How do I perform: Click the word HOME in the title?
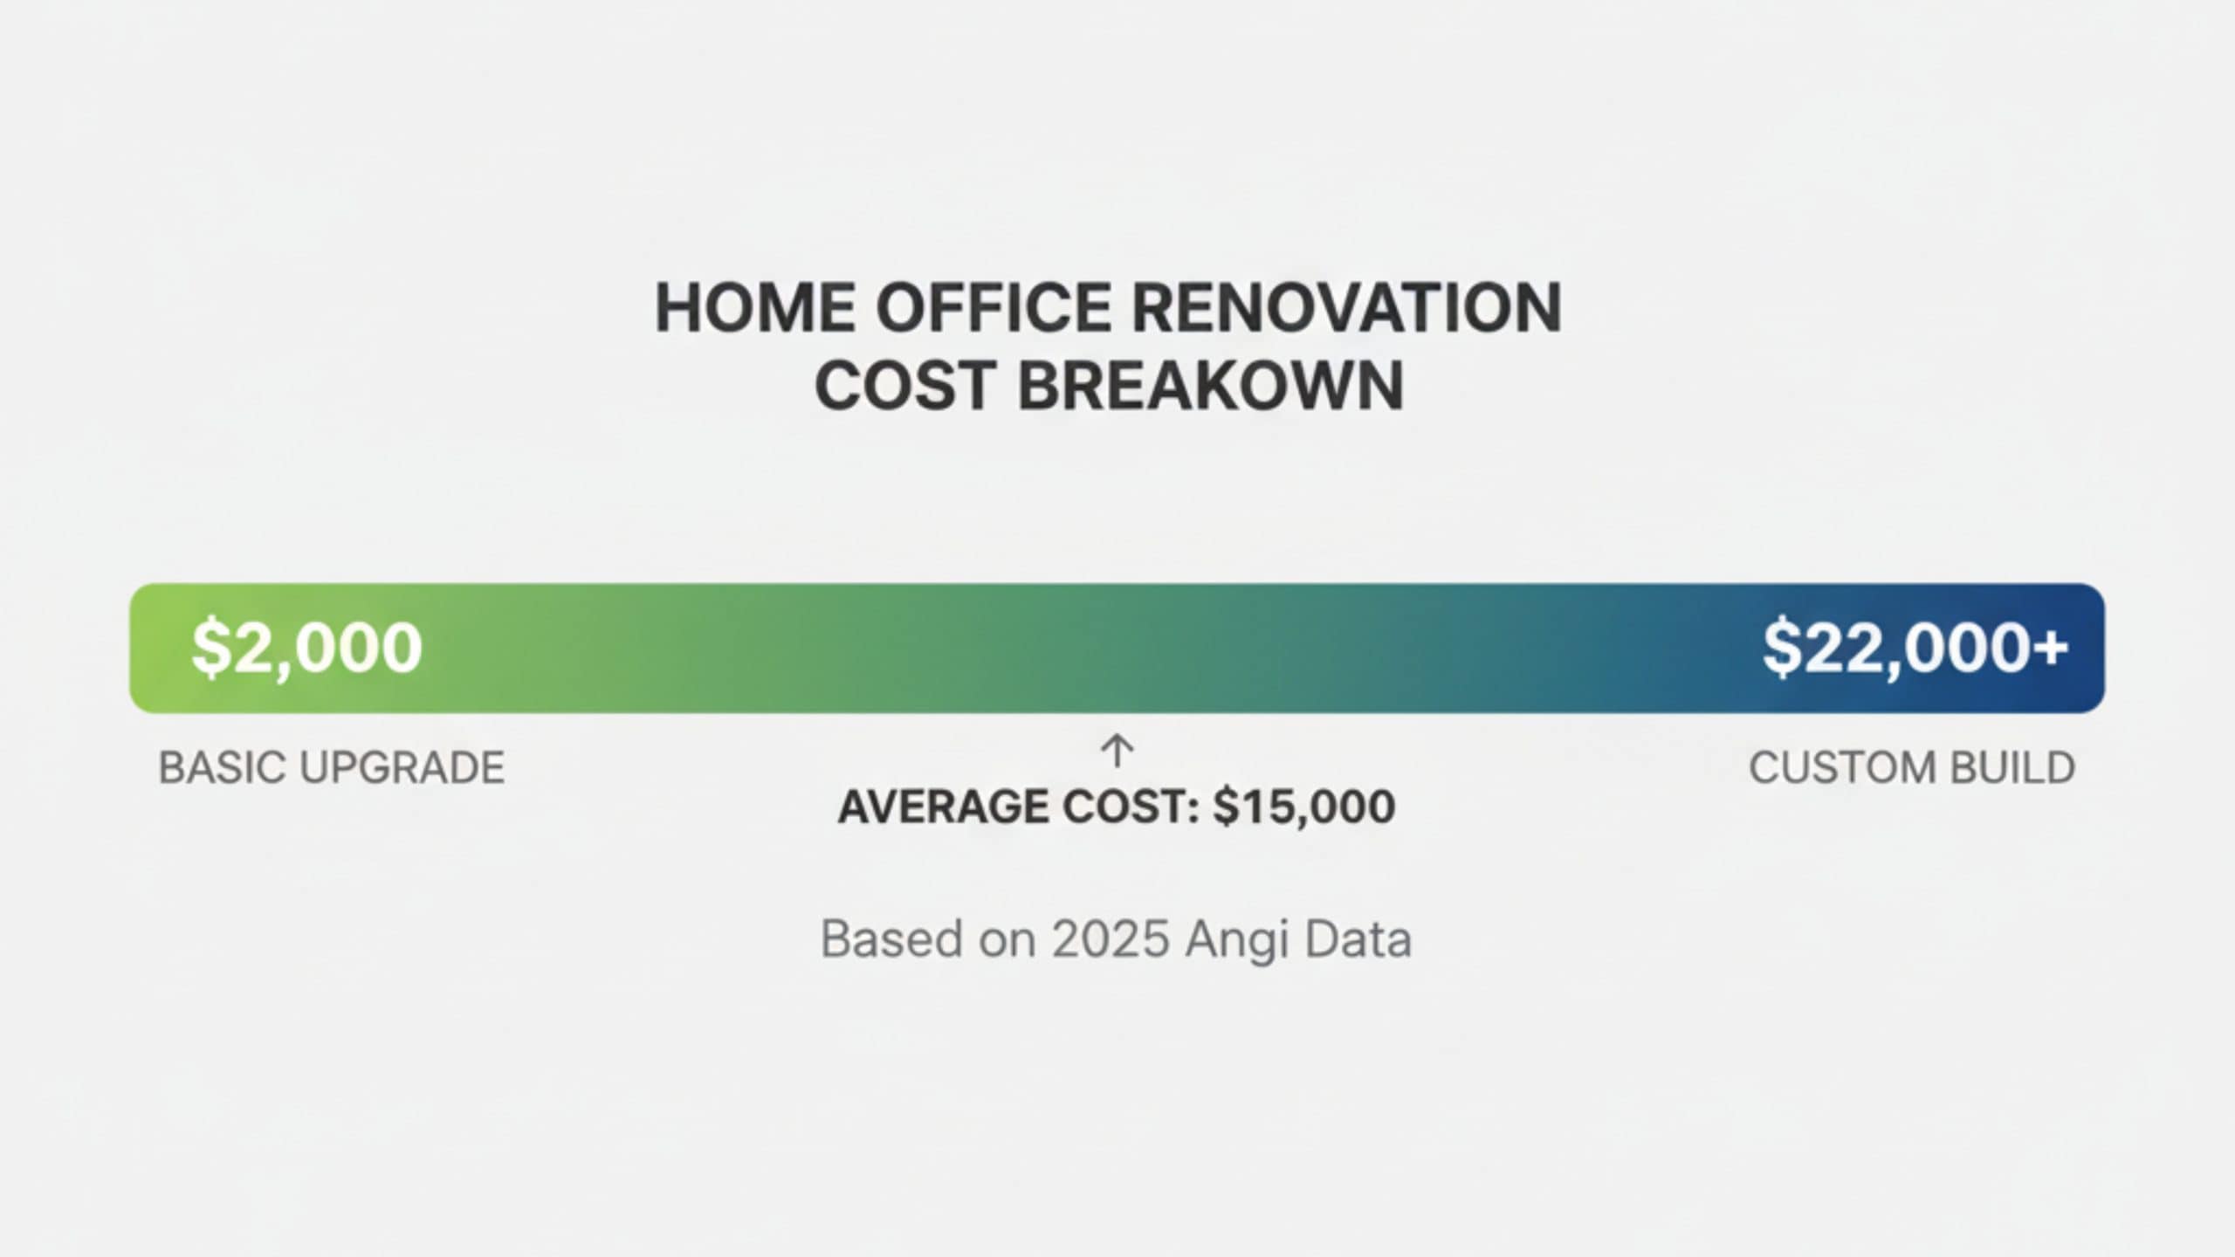click(x=756, y=308)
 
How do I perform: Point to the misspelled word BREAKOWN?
click(x=1211, y=386)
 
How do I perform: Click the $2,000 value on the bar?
click(x=306, y=648)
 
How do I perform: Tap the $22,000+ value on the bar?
click(x=1915, y=648)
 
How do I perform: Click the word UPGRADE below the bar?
click(x=402, y=768)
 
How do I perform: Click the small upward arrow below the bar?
click(x=1117, y=751)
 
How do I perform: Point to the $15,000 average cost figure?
click(x=1304, y=807)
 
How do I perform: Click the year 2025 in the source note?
click(x=1111, y=939)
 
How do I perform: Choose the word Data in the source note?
click(x=1358, y=939)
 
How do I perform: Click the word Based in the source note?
click(x=892, y=939)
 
